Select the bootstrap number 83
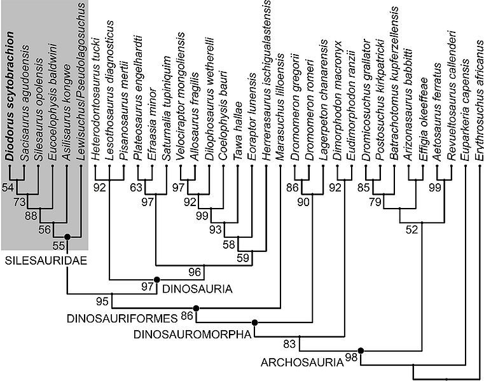[290, 345]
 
